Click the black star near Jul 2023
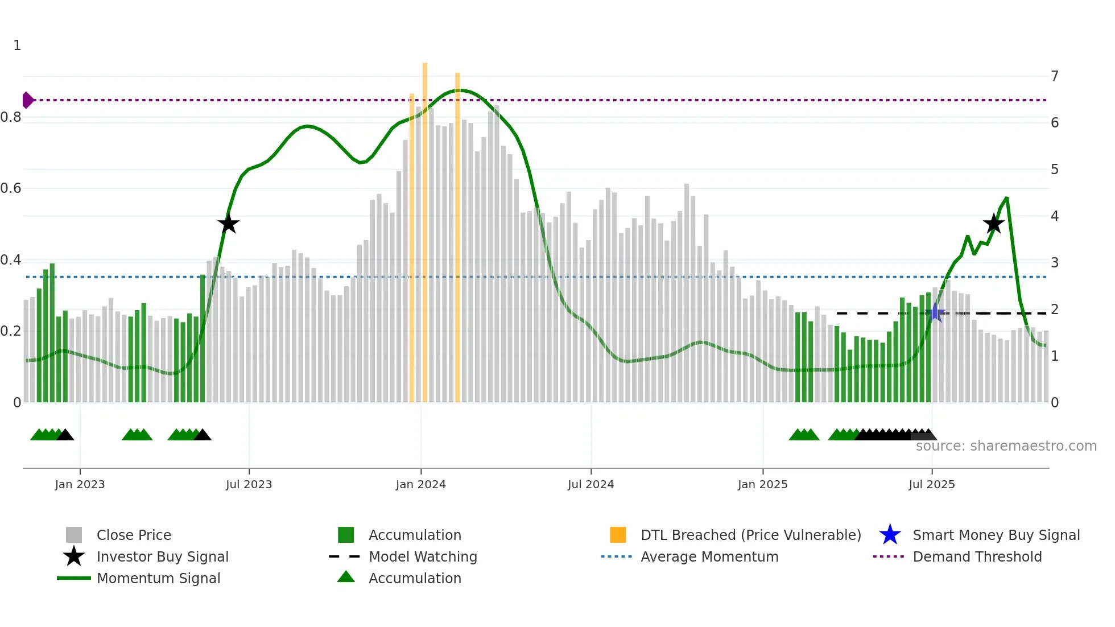point(228,224)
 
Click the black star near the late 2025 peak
point(994,224)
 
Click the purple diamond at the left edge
point(27,100)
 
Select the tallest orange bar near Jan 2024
point(425,228)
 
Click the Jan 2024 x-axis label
point(420,484)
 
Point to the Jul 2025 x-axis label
point(931,484)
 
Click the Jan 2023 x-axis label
point(80,484)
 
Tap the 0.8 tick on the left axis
point(11,117)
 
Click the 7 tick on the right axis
point(1055,76)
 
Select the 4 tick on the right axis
point(1055,216)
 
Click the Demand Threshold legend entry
point(977,556)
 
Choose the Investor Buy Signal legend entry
point(162,556)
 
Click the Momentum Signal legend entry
point(158,578)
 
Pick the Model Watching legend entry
point(423,556)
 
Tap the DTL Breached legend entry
point(750,535)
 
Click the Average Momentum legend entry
point(709,556)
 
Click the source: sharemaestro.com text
point(1006,446)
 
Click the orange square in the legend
point(618,535)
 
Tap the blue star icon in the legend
point(890,535)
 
